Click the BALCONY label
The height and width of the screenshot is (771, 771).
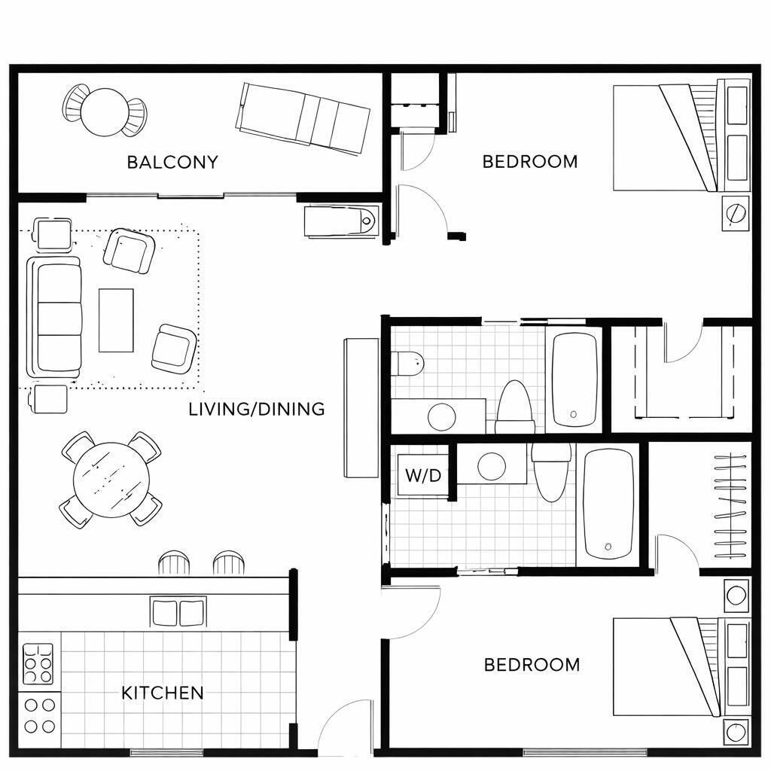[172, 162]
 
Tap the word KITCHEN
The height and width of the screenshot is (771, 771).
[163, 693]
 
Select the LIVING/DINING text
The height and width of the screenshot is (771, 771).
[257, 409]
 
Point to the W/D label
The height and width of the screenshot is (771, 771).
[422, 476]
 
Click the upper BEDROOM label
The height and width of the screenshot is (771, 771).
[530, 161]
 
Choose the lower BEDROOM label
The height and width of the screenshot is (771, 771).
[532, 665]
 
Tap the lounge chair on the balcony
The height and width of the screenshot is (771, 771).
[303, 118]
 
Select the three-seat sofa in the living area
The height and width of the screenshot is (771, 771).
[55, 317]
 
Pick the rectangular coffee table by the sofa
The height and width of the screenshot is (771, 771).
[116, 320]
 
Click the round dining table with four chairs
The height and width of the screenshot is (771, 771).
[111, 479]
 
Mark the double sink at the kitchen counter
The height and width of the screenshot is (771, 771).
[178, 612]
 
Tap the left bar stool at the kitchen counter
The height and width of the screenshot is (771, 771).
[175, 563]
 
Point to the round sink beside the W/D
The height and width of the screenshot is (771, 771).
[492, 466]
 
